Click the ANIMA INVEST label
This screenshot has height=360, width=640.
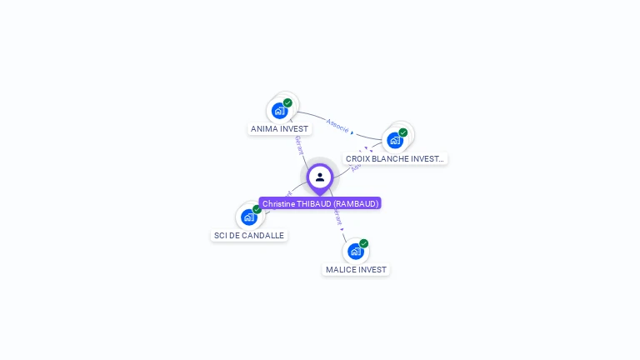[279, 129]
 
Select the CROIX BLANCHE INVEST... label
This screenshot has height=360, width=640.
[395, 158]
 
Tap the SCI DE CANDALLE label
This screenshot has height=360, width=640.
[249, 236]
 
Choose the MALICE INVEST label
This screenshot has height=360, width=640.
[356, 270]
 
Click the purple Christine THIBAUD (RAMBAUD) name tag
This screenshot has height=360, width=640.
[320, 203]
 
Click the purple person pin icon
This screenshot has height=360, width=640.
[320, 177]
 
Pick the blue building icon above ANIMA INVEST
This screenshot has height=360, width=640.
[279, 110]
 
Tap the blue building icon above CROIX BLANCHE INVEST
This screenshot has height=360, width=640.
[394, 139]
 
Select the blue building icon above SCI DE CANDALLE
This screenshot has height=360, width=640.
[248, 217]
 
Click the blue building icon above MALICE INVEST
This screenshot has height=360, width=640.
[355, 251]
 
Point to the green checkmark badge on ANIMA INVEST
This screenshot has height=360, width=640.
[287, 102]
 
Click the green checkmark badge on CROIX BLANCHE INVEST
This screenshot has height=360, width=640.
[403, 132]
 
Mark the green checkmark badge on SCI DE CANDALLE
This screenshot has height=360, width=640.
[257, 209]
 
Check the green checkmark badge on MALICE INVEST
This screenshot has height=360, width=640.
[364, 243]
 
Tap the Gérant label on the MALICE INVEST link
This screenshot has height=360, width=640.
[337, 217]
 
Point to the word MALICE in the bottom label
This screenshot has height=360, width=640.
[341, 270]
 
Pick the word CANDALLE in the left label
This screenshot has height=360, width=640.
[264, 236]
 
